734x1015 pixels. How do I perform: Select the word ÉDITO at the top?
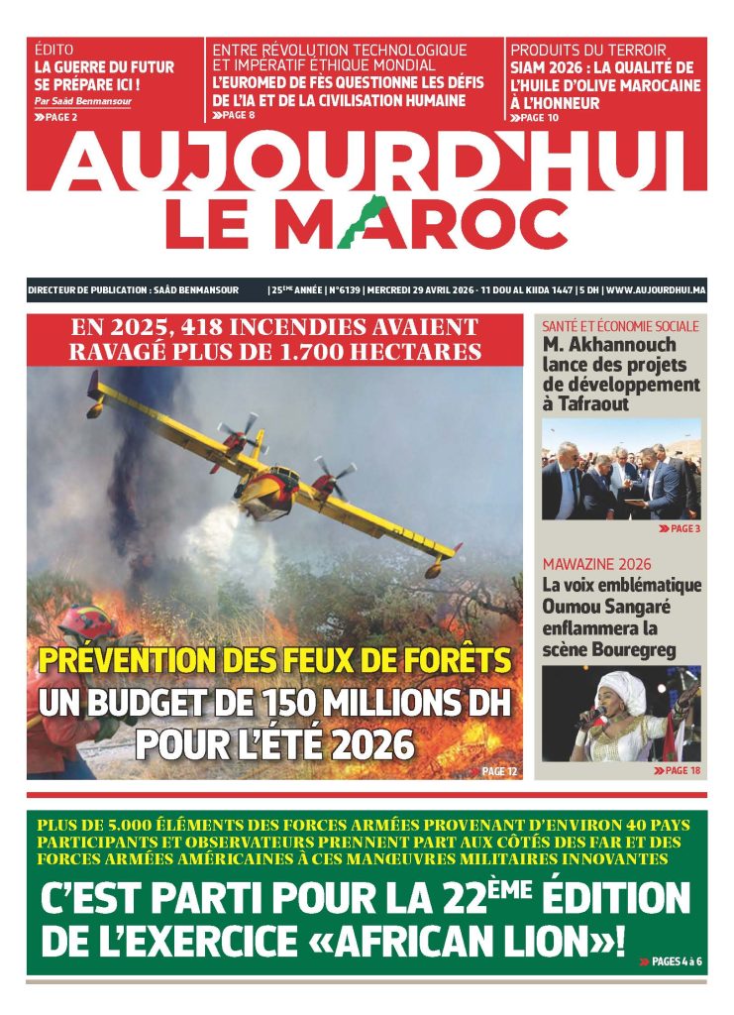53,49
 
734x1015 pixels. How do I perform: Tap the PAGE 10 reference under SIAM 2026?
536,117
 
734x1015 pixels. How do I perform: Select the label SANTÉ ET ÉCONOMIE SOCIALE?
620,326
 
